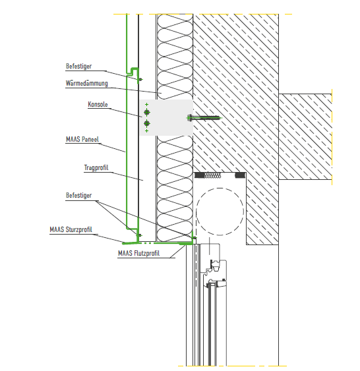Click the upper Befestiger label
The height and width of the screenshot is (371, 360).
pyautogui.click(x=78, y=67)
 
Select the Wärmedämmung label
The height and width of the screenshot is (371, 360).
pyautogui.click(x=86, y=83)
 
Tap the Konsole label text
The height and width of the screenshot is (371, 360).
pyautogui.click(x=98, y=104)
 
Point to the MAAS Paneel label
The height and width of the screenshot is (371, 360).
pyautogui.click(x=82, y=139)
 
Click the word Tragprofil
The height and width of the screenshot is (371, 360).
pyautogui.click(x=96, y=168)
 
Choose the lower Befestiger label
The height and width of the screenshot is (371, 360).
pyautogui.click(x=78, y=196)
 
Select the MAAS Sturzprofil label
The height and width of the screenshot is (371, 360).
pyautogui.click(x=71, y=229)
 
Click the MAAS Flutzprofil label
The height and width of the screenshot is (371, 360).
pyautogui.click(x=138, y=254)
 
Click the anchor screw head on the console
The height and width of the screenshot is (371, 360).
pyautogui.click(x=190, y=117)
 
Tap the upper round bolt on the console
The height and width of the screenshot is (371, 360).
pyautogui.click(x=147, y=112)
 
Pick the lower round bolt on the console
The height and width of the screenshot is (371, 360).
pyautogui.click(x=147, y=123)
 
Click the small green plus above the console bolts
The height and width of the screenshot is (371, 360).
pyautogui.click(x=147, y=104)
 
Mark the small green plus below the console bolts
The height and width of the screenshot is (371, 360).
pyautogui.click(x=147, y=131)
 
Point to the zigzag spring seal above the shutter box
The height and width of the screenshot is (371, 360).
pyautogui.click(x=212, y=175)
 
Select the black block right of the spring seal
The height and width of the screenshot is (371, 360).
pyautogui.click(x=240, y=175)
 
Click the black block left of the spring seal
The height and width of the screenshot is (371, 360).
pyautogui.click(x=199, y=175)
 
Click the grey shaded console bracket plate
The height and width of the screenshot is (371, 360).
pyautogui.click(x=166, y=117)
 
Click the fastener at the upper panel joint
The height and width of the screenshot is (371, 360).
pyautogui.click(x=140, y=79)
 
